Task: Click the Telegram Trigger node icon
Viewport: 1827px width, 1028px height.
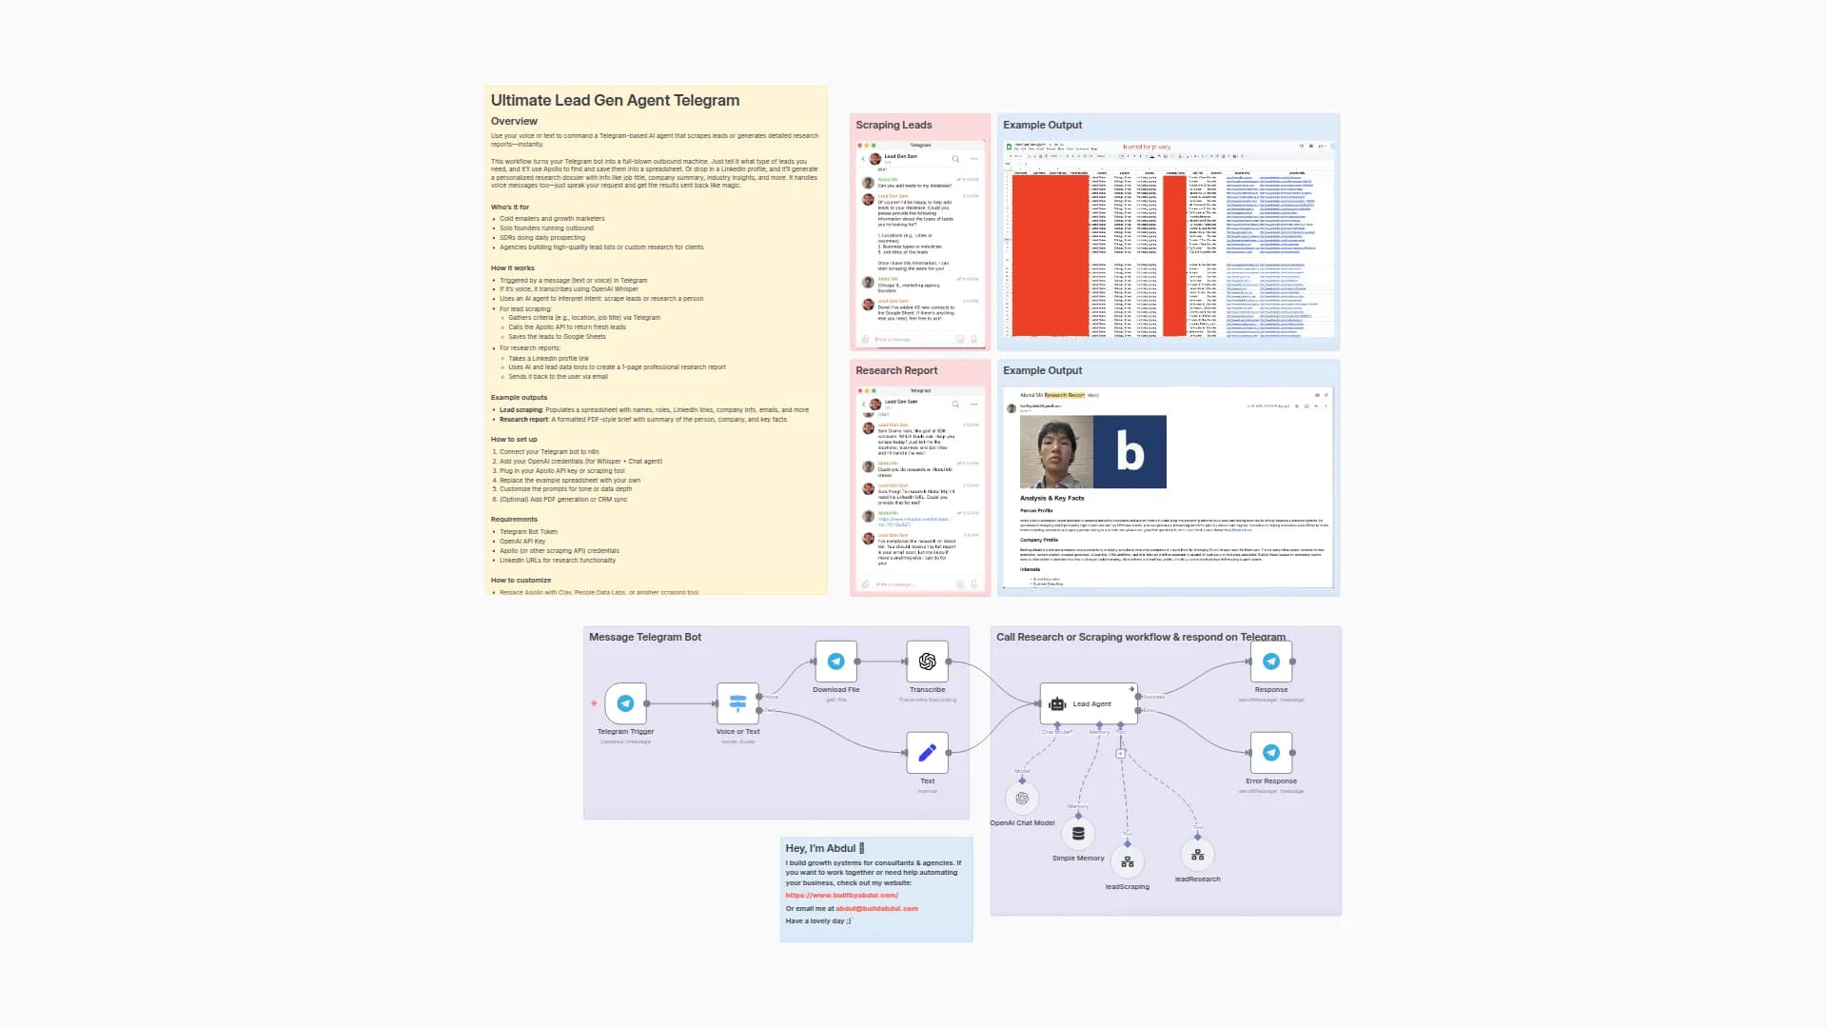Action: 625,703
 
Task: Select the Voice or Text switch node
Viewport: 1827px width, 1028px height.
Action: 737,703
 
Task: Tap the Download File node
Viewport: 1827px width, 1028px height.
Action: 835,662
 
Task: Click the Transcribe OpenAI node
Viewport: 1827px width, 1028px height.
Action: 927,662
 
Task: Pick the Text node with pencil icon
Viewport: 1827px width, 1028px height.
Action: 927,753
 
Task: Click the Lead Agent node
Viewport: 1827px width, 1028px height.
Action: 1090,703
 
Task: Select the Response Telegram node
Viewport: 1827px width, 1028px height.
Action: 1270,662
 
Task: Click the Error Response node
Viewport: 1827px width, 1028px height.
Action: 1270,753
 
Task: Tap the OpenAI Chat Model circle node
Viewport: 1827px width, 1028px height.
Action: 1022,799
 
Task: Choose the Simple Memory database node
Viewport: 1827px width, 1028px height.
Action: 1078,834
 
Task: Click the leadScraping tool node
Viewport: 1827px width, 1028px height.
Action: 1127,862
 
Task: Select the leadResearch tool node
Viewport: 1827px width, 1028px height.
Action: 1197,855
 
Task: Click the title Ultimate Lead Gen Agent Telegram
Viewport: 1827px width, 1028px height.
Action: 615,100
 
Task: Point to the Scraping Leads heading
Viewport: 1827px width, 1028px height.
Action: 893,125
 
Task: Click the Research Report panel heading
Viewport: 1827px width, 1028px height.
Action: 895,370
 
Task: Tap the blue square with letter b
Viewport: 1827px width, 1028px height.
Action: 1130,451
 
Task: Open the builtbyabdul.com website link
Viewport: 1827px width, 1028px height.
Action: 841,895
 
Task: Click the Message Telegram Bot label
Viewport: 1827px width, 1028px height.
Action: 644,637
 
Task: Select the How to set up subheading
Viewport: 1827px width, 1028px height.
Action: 514,439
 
